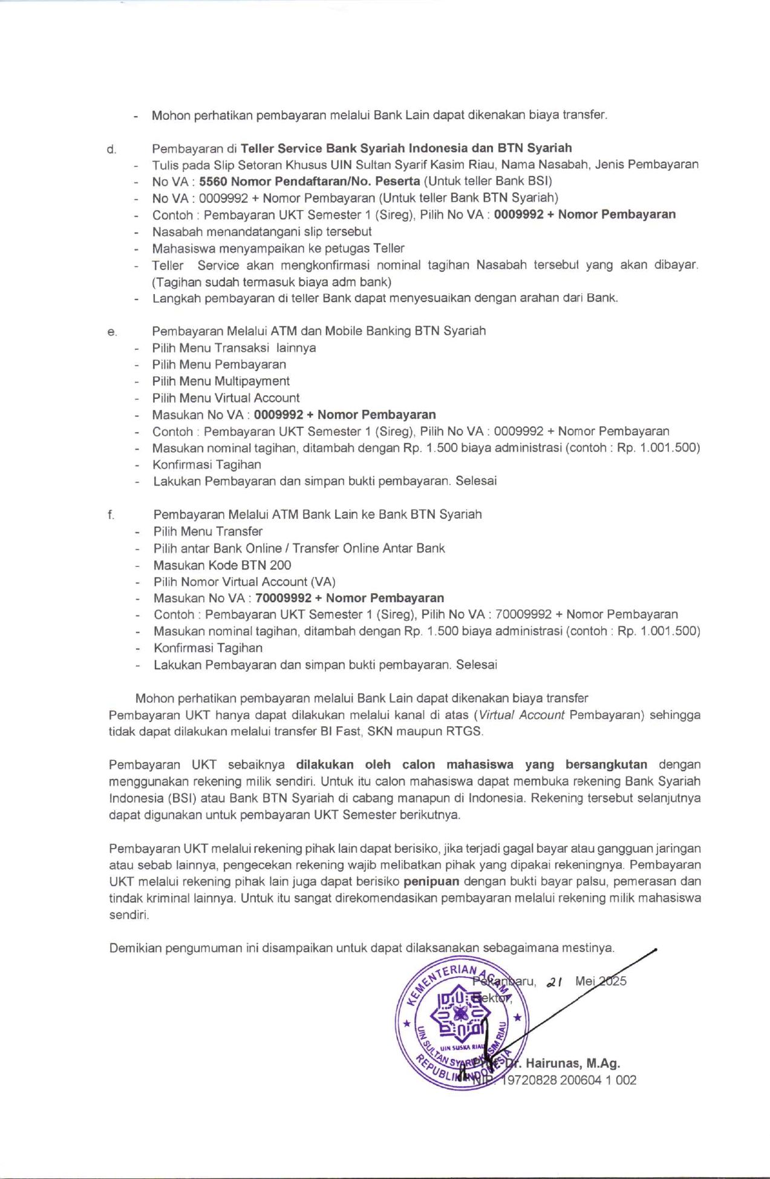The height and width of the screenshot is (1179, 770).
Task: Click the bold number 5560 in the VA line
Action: (213, 181)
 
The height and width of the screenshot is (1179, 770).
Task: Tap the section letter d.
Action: (111, 149)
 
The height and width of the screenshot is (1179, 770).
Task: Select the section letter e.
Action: (111, 332)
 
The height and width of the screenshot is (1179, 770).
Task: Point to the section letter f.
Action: (111, 515)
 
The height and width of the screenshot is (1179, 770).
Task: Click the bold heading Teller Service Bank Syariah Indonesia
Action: (353, 148)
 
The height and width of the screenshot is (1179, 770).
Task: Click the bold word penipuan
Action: (431, 881)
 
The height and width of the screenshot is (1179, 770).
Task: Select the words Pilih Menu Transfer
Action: (208, 531)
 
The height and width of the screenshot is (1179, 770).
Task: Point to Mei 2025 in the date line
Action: (601, 981)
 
